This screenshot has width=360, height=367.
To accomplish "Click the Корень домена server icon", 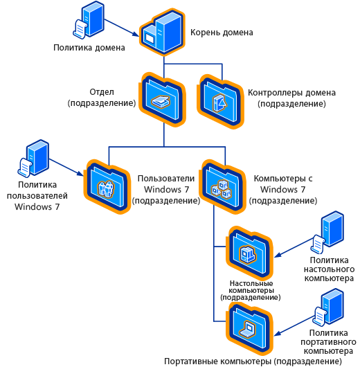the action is pyautogui.click(x=162, y=32).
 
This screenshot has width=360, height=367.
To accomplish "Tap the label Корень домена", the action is pyautogui.click(x=222, y=33).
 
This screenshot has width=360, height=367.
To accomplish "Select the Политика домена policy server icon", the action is pyautogui.click(x=89, y=19).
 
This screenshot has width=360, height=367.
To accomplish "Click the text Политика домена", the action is pyautogui.click(x=89, y=48).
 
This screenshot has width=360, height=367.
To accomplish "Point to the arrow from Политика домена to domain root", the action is pyautogui.click(x=122, y=28).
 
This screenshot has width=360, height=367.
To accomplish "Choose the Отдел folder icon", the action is pyautogui.click(x=162, y=100).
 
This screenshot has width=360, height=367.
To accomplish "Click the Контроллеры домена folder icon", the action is pyautogui.click(x=220, y=102).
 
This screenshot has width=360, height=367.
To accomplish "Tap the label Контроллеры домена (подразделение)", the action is pyautogui.click(x=291, y=98).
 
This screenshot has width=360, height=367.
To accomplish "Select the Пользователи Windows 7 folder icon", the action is pyautogui.click(x=107, y=186).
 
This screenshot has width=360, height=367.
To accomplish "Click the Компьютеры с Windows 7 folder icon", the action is pyautogui.click(x=222, y=186).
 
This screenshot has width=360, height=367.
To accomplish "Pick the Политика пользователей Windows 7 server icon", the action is pyautogui.click(x=33, y=158).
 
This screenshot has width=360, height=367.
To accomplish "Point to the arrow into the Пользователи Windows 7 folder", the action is pyautogui.click(x=66, y=168).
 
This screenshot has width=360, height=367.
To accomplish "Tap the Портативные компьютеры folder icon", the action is pyautogui.click(x=249, y=329).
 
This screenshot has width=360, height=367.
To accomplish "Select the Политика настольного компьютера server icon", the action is pyautogui.click(x=327, y=232).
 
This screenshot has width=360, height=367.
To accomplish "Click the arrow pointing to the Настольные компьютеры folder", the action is pyautogui.click(x=294, y=248).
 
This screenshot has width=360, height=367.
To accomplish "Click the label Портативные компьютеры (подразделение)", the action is pyautogui.click(x=253, y=361).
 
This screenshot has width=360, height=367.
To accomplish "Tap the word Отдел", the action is pyautogui.click(x=102, y=92).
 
